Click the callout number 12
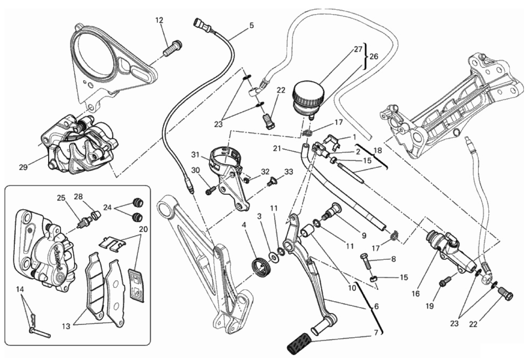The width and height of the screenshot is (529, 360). tap(159, 20)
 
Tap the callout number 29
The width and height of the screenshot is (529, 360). tap(23, 167)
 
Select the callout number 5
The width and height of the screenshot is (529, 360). tap(252, 26)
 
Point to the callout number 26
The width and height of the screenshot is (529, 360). tap(374, 57)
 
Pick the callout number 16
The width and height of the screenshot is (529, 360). tap(415, 293)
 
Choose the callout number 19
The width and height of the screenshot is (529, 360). tap(429, 306)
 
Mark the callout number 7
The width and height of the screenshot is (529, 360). tap(376, 333)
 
